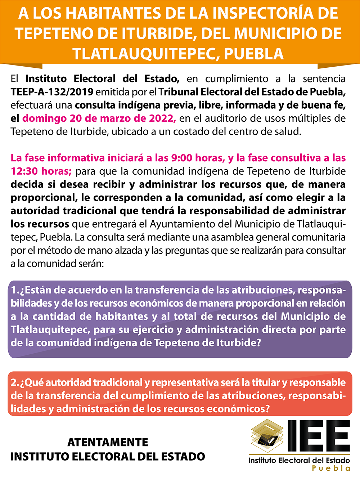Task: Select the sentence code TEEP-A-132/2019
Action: pyautogui.click(x=52, y=92)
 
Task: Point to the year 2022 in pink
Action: pyautogui.click(x=161, y=118)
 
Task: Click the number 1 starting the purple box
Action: pyautogui.click(x=14, y=290)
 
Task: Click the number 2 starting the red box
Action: pyautogui.click(x=14, y=382)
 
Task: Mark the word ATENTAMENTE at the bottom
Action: pyautogui.click(x=108, y=442)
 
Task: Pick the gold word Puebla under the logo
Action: pyautogui.click(x=331, y=468)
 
